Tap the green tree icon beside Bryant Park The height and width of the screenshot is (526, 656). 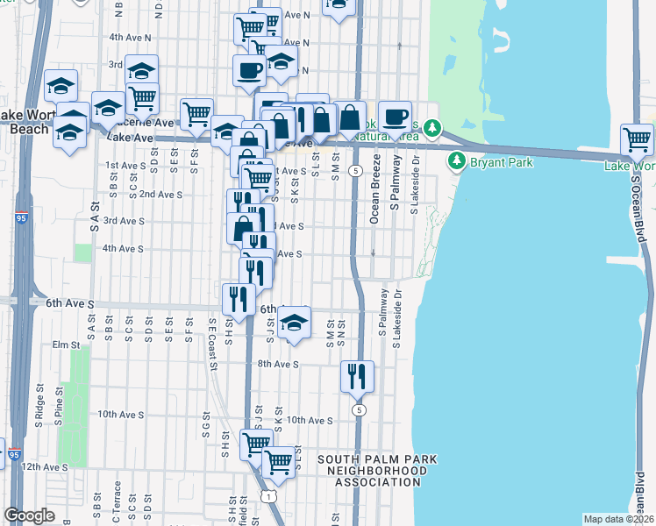point(456,161)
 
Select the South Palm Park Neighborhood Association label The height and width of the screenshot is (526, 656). point(376,471)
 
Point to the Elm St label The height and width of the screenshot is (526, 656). point(66,345)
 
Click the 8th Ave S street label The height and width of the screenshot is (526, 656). point(278,363)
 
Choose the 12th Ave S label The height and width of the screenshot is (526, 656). point(44,467)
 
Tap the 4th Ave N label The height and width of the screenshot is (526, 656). point(130,38)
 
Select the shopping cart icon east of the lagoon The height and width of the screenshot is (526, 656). point(637,139)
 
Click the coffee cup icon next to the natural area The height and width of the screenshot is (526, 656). point(395,116)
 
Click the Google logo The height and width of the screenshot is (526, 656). point(29,515)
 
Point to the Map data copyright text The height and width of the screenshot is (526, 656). point(618,519)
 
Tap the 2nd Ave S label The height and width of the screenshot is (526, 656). point(160,194)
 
